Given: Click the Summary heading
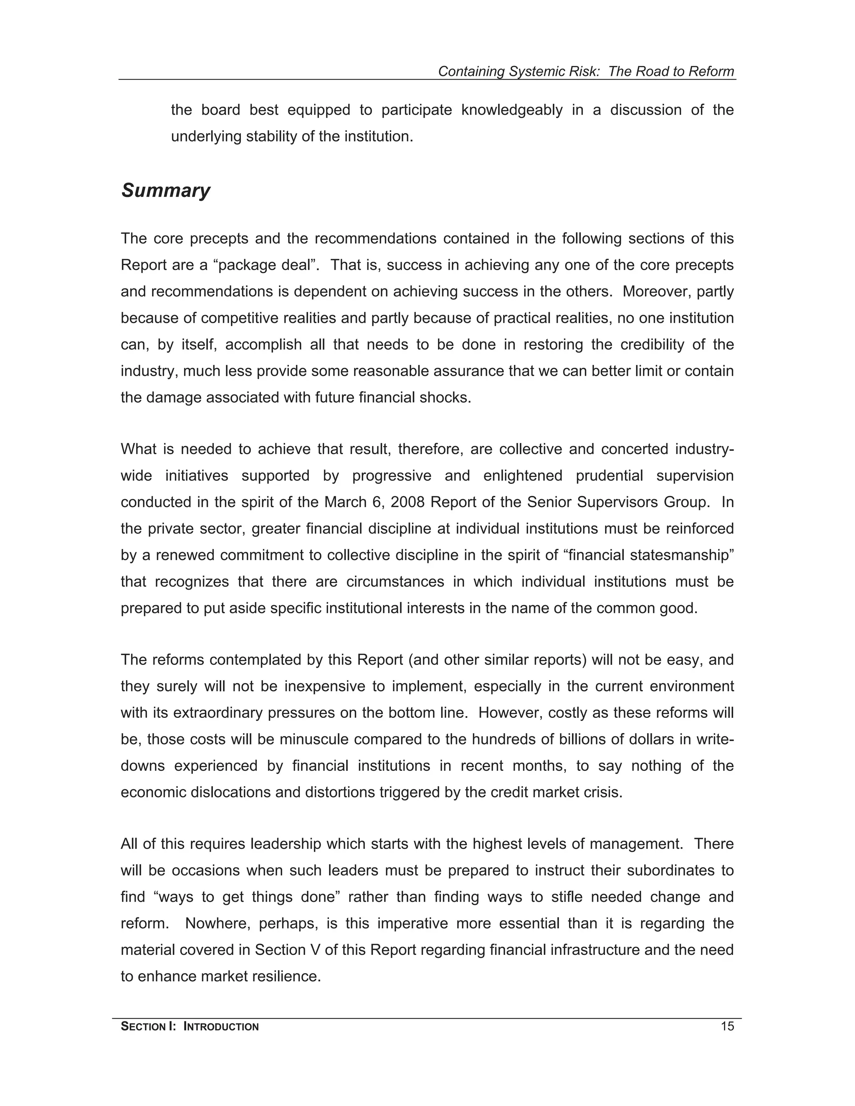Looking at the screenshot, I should (165, 190).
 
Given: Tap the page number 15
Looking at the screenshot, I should (727, 1027).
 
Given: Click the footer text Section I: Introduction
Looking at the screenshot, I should (190, 1027).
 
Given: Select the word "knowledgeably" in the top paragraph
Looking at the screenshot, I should (511, 110).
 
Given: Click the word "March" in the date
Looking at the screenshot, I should (344, 502).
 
